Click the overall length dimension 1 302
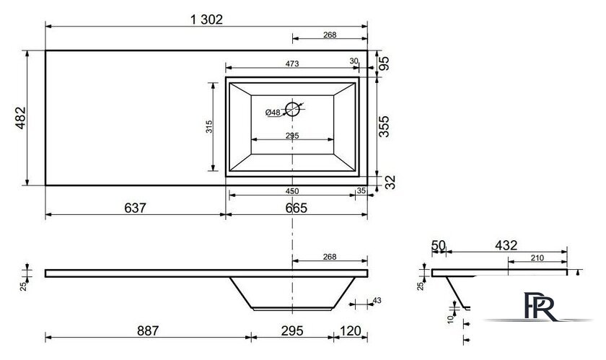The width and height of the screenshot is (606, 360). click(x=207, y=19)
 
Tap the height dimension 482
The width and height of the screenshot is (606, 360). click(x=20, y=118)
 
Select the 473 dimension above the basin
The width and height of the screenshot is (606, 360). click(x=292, y=63)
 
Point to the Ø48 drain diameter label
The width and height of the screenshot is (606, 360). click(x=273, y=113)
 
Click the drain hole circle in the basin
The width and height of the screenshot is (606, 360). click(x=293, y=109)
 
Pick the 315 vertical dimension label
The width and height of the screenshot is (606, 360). click(x=209, y=127)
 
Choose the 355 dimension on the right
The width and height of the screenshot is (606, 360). click(x=384, y=126)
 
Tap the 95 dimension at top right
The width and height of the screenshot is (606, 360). click(x=384, y=63)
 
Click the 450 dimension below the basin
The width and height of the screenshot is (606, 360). click(x=292, y=191)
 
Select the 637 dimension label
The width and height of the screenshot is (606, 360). click(x=136, y=208)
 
